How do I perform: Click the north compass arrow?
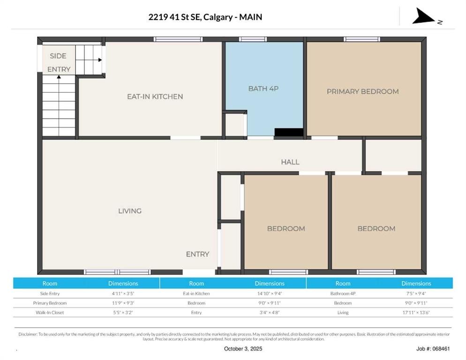pyautogui.click(x=424, y=17)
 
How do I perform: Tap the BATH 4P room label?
pyautogui.click(x=263, y=88)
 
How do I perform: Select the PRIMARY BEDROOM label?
pyautogui.click(x=362, y=91)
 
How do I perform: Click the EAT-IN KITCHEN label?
pyautogui.click(x=155, y=97)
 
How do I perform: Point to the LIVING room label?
pyautogui.click(x=130, y=211)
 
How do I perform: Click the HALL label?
pyautogui.click(x=290, y=162)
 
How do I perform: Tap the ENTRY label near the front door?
pyautogui.click(x=197, y=254)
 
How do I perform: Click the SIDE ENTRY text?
pyautogui.click(x=58, y=62)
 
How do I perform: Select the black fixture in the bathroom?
pyautogui.click(x=288, y=133)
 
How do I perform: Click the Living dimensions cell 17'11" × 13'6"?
pyautogui.click(x=416, y=312)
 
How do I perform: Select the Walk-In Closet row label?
pyautogui.click(x=50, y=312)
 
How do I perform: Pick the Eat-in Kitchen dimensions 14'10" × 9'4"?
pyautogui.click(x=269, y=293)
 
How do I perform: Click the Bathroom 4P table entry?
pyautogui.click(x=343, y=293)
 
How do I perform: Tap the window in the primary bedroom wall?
pyautogui.click(x=361, y=39)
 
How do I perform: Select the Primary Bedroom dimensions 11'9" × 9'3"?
pyautogui.click(x=123, y=303)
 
